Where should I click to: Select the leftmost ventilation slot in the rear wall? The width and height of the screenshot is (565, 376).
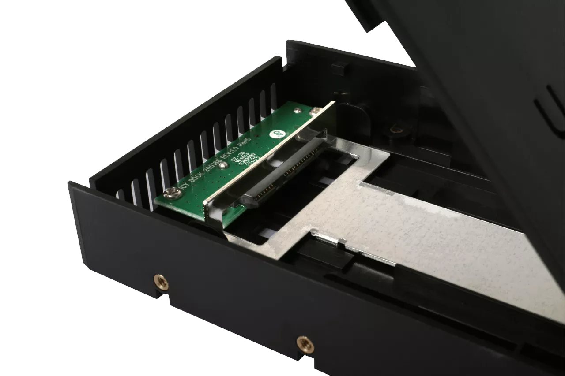point(121,194)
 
